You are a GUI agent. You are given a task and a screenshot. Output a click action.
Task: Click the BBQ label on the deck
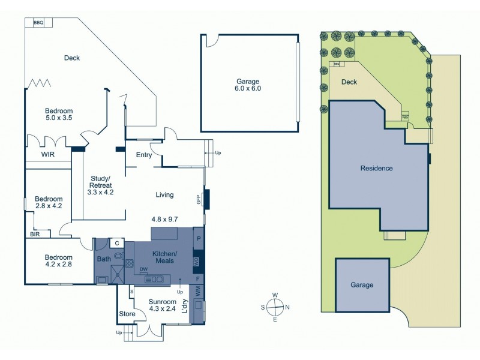tap(39, 22)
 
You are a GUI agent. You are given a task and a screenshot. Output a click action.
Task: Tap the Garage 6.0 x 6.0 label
tap(248, 85)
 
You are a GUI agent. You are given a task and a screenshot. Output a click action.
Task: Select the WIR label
tap(49, 154)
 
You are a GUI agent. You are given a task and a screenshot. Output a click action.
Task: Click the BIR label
tap(35, 234)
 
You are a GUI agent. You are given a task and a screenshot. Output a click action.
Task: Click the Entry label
tap(144, 155)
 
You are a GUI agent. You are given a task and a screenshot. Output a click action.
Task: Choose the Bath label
tap(104, 259)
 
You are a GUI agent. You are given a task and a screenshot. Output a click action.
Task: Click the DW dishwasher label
tap(143, 269)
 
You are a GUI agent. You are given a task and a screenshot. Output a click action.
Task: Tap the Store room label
tap(126, 313)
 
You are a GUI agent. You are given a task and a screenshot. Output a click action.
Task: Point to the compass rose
tap(275, 307)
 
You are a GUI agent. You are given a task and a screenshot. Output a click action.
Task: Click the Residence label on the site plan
tap(376, 168)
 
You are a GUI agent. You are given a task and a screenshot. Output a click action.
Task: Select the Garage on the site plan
tap(362, 285)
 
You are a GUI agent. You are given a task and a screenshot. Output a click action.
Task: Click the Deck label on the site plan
tap(349, 83)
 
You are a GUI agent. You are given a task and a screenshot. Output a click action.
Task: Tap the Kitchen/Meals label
tap(163, 257)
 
